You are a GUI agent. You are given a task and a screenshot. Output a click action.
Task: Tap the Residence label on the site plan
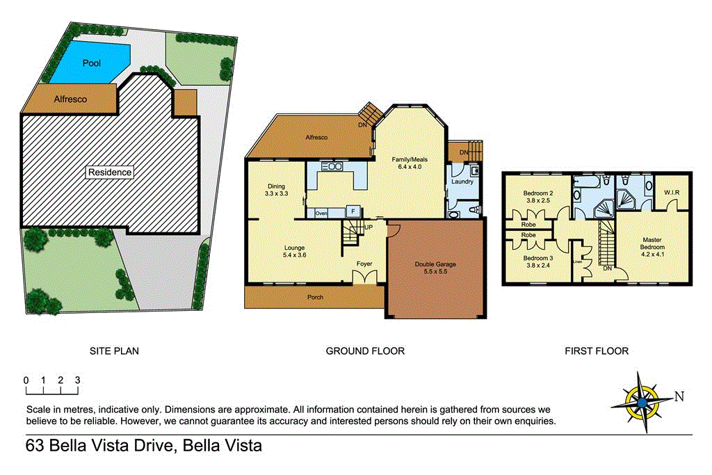point(108,172)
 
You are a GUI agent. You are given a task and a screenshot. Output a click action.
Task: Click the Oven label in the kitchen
point(321,213)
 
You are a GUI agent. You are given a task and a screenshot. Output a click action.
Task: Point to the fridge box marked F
point(353,210)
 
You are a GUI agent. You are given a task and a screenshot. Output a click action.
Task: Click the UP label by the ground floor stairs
point(368,227)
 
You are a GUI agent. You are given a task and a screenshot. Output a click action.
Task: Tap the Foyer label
point(364,264)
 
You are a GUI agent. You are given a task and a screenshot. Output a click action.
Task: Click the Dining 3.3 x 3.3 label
point(276,190)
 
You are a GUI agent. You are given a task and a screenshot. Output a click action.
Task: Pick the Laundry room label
point(462,182)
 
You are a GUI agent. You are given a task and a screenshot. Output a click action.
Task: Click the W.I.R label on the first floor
point(671,191)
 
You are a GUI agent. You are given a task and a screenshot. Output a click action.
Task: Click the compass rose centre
point(642,401)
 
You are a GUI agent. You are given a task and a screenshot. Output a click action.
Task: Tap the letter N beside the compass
point(679,396)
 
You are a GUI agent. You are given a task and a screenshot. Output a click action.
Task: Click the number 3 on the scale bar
point(78,380)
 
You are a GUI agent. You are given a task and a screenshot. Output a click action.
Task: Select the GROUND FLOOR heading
point(365,351)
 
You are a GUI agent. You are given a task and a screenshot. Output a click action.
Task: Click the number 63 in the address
point(35,446)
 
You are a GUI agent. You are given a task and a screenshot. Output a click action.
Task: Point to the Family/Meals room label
point(412,163)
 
